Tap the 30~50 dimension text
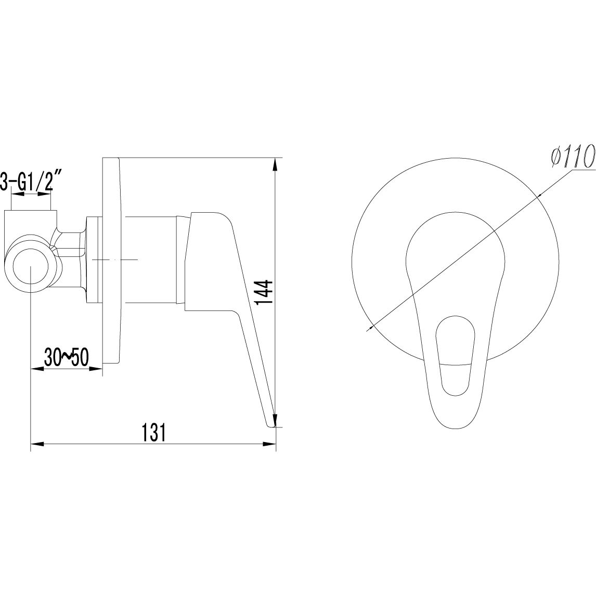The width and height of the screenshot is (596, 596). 66,357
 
